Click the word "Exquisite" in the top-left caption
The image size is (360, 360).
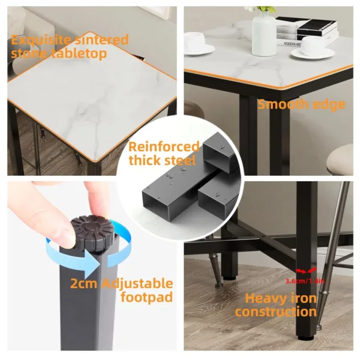pos(38,40)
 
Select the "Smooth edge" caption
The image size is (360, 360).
pos(301,104)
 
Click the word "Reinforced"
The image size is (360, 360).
pos(163,147)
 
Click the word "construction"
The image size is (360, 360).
pos(275,311)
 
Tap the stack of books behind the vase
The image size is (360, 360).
pos(306,27)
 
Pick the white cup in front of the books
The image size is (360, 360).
pos(312,47)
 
